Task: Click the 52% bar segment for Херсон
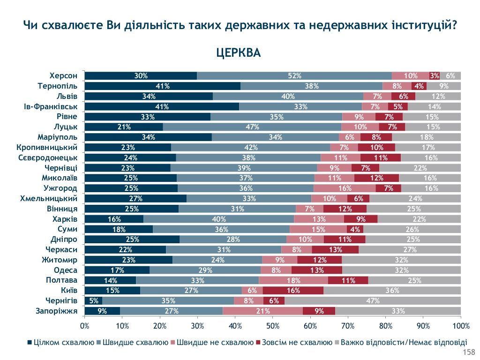click(x=294, y=75)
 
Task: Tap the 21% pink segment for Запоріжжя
click(x=262, y=311)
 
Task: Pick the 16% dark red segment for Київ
click(x=293, y=290)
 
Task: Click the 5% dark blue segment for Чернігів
click(x=93, y=300)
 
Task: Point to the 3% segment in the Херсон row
click(x=435, y=75)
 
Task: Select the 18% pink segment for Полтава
click(x=293, y=280)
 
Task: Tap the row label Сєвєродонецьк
click(x=48, y=157)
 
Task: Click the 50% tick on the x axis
click(x=273, y=326)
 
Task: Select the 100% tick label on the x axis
click(x=461, y=326)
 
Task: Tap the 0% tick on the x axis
click(x=85, y=326)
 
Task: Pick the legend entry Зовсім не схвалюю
click(x=296, y=342)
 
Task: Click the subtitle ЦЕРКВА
click(x=238, y=53)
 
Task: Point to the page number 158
click(x=469, y=352)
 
